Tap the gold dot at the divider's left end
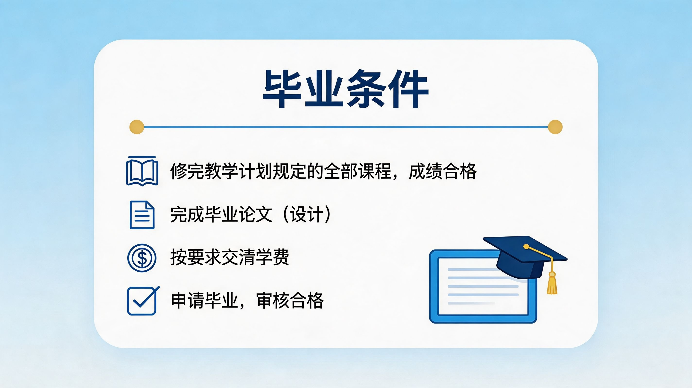click(x=137, y=127)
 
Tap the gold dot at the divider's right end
click(x=555, y=127)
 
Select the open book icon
click(x=142, y=171)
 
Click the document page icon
click(x=142, y=215)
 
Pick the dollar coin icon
click(x=142, y=258)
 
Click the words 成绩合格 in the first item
click(x=442, y=171)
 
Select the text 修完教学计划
click(x=221, y=171)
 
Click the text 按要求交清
click(x=213, y=257)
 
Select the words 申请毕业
click(x=204, y=300)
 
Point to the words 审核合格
click(x=290, y=300)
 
